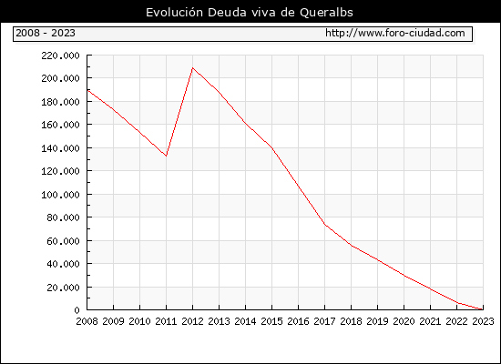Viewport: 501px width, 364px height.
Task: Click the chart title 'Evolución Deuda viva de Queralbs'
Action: [x=250, y=13]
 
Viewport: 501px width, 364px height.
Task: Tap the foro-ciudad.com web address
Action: [x=395, y=33]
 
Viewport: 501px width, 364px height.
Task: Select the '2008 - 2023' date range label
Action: [x=46, y=33]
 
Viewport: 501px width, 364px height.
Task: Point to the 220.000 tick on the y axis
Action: [x=60, y=56]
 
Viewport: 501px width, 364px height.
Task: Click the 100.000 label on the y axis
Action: [x=60, y=195]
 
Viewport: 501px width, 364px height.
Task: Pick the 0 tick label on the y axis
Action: [x=77, y=310]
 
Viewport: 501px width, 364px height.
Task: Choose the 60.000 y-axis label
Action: [x=63, y=241]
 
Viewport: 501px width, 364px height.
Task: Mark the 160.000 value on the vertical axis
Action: [x=60, y=125]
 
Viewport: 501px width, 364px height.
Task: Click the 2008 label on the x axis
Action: [x=87, y=321]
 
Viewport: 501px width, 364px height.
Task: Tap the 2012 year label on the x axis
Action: [x=192, y=321]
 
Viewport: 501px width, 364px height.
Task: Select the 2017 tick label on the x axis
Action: [x=324, y=321]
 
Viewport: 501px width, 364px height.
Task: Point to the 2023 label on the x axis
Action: [x=483, y=321]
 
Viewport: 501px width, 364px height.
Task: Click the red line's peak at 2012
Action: [x=192, y=67]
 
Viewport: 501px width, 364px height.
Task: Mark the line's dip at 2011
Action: [x=166, y=156]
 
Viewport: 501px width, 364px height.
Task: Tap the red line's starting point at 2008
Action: [x=87, y=90]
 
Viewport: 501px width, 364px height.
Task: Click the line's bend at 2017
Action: [x=324, y=225]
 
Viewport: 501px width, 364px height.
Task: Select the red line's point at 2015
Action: [x=272, y=148]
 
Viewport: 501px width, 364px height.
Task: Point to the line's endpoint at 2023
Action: [x=483, y=309]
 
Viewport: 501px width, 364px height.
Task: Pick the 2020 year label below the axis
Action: [x=404, y=321]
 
